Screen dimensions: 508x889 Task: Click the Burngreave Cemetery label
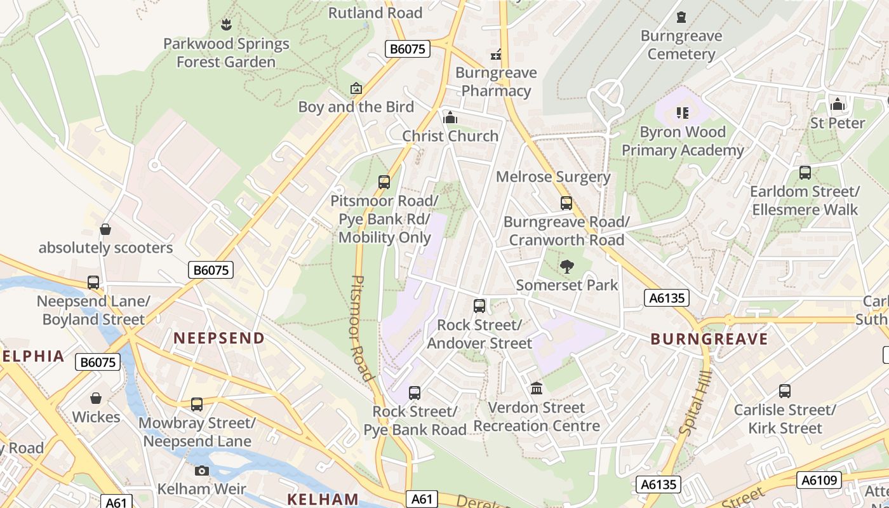pyautogui.click(x=681, y=44)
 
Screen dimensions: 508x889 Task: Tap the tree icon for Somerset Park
pyautogui.click(x=566, y=267)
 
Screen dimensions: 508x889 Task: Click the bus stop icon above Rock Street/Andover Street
pyautogui.click(x=479, y=306)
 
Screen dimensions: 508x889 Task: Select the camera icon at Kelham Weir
pyautogui.click(x=202, y=471)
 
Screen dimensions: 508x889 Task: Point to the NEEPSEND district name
pyautogui.click(x=219, y=338)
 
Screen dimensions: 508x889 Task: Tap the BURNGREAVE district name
pyautogui.click(x=709, y=339)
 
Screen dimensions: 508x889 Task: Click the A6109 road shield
pyautogui.click(x=819, y=479)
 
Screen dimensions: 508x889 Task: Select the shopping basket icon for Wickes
pyautogui.click(x=96, y=398)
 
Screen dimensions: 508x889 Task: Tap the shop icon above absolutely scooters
pyautogui.click(x=105, y=229)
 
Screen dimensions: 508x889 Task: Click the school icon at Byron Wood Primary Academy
pyautogui.click(x=683, y=113)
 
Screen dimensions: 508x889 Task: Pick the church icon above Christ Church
pyautogui.click(x=450, y=117)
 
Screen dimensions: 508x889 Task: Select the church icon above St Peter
pyautogui.click(x=838, y=104)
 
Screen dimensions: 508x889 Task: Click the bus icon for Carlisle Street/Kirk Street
pyautogui.click(x=785, y=391)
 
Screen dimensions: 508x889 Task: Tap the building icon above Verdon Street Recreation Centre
pyautogui.click(x=537, y=388)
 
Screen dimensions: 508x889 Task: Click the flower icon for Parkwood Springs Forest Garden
pyautogui.click(x=225, y=25)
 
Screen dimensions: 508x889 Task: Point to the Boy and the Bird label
pyautogui.click(x=356, y=107)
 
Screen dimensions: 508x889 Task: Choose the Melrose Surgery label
pyautogui.click(x=553, y=177)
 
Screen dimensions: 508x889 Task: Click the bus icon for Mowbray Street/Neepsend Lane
pyautogui.click(x=197, y=404)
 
